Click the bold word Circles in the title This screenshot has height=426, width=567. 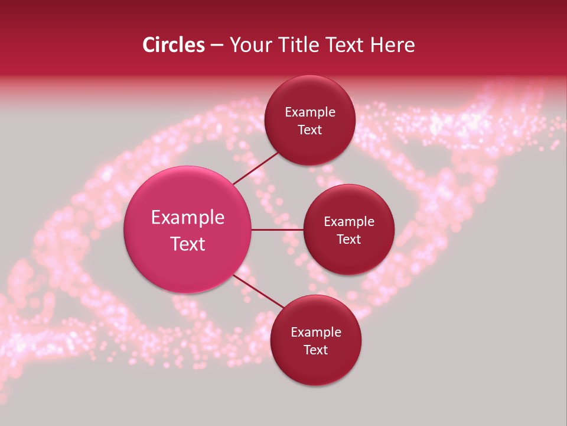[x=174, y=45]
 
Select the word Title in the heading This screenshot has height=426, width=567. [x=302, y=45]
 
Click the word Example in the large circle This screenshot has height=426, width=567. [x=188, y=218]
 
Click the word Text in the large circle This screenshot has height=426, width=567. [x=188, y=244]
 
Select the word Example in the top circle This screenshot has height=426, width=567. [x=310, y=112]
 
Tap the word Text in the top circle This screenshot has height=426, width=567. [x=310, y=130]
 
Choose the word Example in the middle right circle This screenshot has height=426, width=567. [x=349, y=222]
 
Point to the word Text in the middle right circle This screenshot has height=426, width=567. [x=349, y=239]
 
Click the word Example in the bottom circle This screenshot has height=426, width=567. [x=316, y=333]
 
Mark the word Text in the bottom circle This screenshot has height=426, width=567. [x=316, y=350]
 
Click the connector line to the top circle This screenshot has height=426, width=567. [x=256, y=168]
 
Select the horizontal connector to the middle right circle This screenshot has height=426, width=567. [x=278, y=230]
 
